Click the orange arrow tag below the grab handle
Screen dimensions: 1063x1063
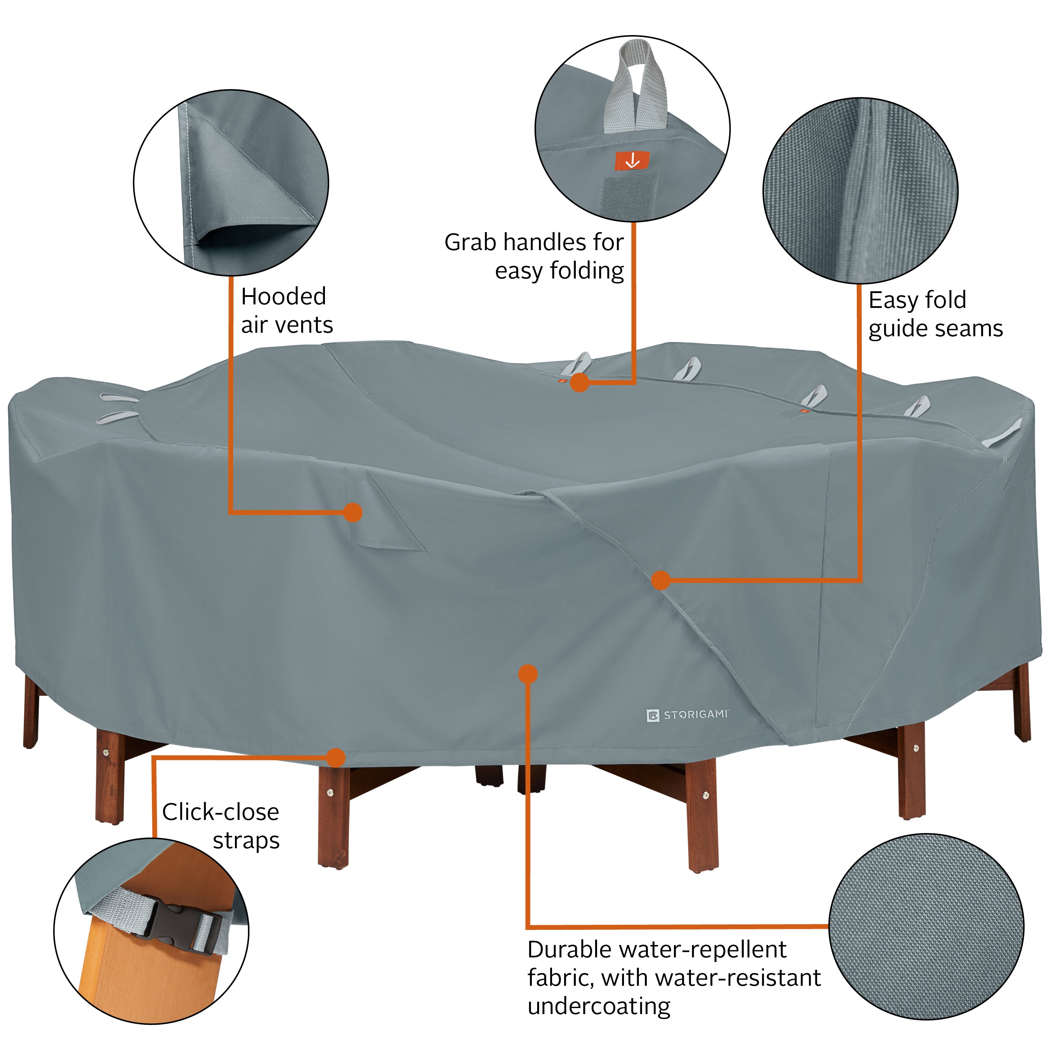632,161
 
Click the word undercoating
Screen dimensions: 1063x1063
598,1006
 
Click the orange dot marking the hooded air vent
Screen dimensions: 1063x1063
352,512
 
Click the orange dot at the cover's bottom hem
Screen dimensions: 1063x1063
335,758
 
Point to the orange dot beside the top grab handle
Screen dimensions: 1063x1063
579,382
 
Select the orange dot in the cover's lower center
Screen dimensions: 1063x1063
528,674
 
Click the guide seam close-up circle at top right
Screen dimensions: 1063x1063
860,191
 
